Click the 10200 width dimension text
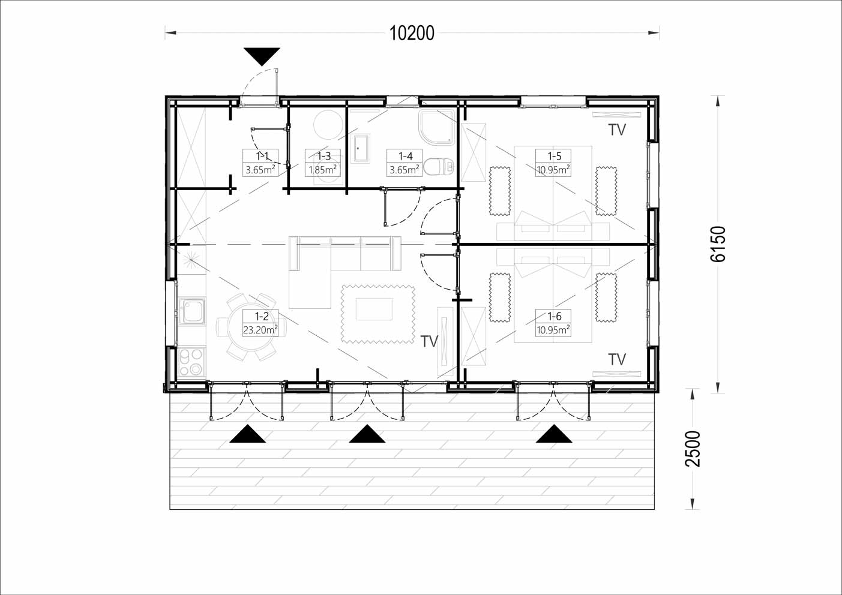click(x=412, y=33)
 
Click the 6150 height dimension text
click(x=718, y=244)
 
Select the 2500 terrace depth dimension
click(x=693, y=449)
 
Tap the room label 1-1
click(x=262, y=156)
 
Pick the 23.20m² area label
click(x=260, y=330)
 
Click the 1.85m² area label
click(x=322, y=170)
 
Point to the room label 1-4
click(x=405, y=156)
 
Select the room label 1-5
click(x=554, y=156)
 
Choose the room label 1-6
click(x=554, y=316)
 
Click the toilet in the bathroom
click(x=439, y=167)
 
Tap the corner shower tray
click(x=437, y=127)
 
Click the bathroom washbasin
click(x=360, y=148)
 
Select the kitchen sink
click(x=191, y=311)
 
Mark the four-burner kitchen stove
click(x=191, y=362)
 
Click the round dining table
click(x=250, y=327)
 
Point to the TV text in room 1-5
click(x=617, y=130)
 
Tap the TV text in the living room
click(x=429, y=341)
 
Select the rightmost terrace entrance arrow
click(x=554, y=434)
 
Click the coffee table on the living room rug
click(x=374, y=309)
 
